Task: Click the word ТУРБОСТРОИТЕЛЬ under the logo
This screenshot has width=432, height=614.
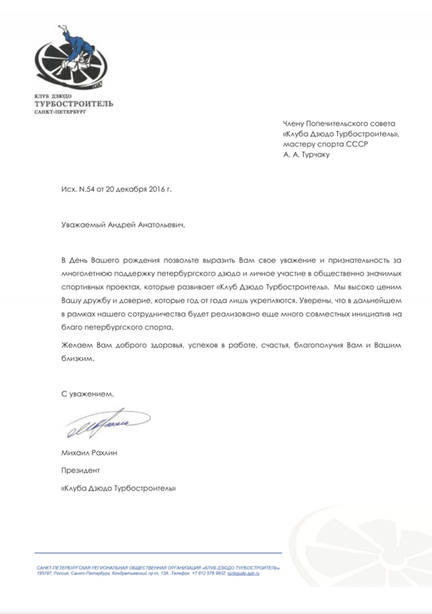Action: click(x=73, y=104)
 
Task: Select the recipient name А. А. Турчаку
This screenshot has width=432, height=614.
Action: click(x=306, y=155)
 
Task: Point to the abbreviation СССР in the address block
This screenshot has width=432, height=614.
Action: click(x=357, y=144)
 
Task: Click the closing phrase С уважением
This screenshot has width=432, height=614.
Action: click(x=87, y=394)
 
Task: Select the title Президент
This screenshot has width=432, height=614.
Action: click(x=80, y=470)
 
